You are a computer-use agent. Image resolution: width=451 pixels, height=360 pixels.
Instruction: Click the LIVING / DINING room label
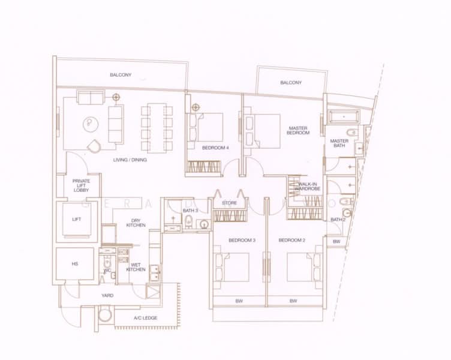coord(130,160)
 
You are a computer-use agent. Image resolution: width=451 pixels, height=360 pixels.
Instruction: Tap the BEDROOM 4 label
coord(215,148)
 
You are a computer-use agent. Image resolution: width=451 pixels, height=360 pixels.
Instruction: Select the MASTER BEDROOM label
coord(298,130)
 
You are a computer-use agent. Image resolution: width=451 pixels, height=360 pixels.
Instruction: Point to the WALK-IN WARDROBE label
coord(308,187)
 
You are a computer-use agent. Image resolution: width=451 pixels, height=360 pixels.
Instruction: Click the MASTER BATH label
coord(339,144)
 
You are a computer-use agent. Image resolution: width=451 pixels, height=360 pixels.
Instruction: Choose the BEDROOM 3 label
coord(242,240)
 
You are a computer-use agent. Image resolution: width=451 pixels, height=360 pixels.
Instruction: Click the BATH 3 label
coord(191,210)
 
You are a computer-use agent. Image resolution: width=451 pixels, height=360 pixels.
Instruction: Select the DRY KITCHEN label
coord(136,223)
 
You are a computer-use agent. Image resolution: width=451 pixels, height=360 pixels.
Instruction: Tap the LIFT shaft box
coord(77,220)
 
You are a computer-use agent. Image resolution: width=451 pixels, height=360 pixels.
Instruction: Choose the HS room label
coord(76,264)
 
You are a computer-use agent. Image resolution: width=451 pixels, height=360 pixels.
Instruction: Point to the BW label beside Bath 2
coord(336,241)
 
